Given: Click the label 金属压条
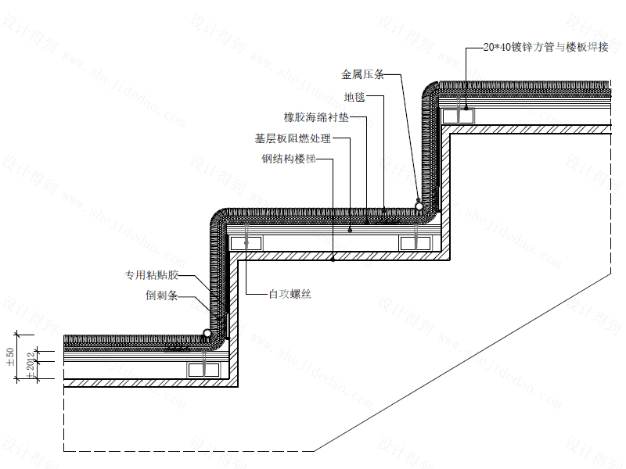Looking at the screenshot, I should pos(362,75).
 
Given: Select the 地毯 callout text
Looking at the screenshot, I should pos(354,98).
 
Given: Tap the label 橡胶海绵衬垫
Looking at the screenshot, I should pos(315,118).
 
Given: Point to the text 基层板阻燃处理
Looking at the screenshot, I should pos(293,139).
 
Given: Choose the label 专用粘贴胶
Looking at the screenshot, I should pos(153,275).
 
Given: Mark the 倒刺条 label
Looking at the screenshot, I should pos(163,296).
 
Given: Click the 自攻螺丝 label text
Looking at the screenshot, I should pos(290,294).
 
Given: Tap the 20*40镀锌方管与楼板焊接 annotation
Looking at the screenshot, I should pos(545,48).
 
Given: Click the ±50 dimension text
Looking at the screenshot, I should pos(10,358).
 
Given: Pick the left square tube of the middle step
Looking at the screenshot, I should pos(246,243).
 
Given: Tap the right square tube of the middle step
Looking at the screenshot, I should pos(416,243).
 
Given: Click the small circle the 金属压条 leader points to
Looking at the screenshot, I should pos(420,206).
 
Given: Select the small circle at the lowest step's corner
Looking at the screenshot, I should pos(207,334).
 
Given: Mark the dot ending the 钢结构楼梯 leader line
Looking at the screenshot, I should pos(333,258).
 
